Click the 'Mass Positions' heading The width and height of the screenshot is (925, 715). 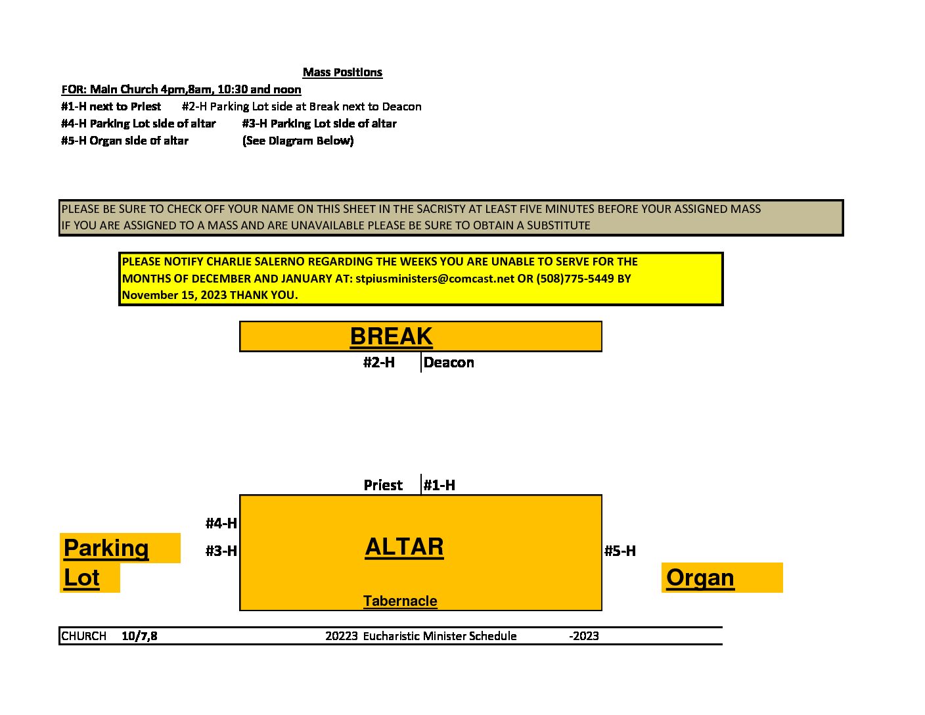click(x=342, y=72)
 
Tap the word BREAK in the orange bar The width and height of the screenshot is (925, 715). click(x=391, y=336)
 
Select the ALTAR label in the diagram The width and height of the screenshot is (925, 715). click(x=404, y=546)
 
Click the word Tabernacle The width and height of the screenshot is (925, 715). click(x=400, y=601)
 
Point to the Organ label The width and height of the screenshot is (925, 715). click(x=700, y=578)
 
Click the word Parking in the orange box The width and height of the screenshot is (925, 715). click(x=106, y=548)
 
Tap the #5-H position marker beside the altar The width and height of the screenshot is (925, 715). click(x=620, y=551)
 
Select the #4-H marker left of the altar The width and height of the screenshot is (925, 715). click(x=221, y=523)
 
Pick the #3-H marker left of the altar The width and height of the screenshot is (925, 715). click(x=221, y=551)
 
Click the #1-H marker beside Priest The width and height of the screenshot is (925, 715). click(x=440, y=485)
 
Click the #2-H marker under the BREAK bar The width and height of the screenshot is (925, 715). click(x=379, y=362)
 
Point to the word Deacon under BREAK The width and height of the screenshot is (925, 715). click(x=449, y=362)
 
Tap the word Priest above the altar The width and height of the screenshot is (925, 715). click(x=383, y=485)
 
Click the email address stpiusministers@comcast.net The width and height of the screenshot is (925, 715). click(x=435, y=279)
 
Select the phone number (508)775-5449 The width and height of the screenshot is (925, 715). click(x=575, y=279)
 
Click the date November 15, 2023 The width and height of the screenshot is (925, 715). click(x=175, y=295)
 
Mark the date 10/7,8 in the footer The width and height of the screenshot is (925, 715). click(x=139, y=636)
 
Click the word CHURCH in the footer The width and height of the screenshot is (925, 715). click(x=84, y=636)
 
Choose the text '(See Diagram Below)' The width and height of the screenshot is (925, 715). click(x=298, y=141)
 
